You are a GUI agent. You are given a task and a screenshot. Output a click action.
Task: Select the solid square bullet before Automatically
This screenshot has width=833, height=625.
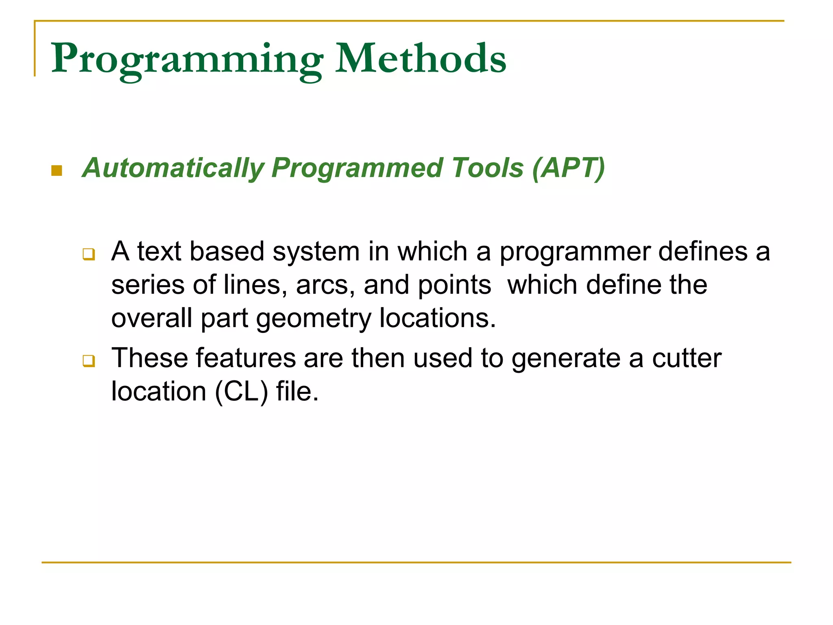point(57,170)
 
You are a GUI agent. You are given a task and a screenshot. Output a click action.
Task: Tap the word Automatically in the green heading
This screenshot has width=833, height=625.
point(173,168)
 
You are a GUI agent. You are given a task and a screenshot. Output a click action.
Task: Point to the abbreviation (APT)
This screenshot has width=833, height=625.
point(569,168)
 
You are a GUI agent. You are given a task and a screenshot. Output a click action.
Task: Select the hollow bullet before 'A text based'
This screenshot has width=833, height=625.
point(89,254)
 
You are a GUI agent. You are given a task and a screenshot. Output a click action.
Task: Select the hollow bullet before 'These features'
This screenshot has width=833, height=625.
point(89,361)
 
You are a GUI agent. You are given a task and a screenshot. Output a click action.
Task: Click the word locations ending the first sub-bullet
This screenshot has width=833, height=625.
point(437,318)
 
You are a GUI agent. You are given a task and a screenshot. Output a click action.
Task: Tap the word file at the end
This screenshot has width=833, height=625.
point(297,392)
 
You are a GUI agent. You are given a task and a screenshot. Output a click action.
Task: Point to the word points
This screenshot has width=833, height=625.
point(455,285)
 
